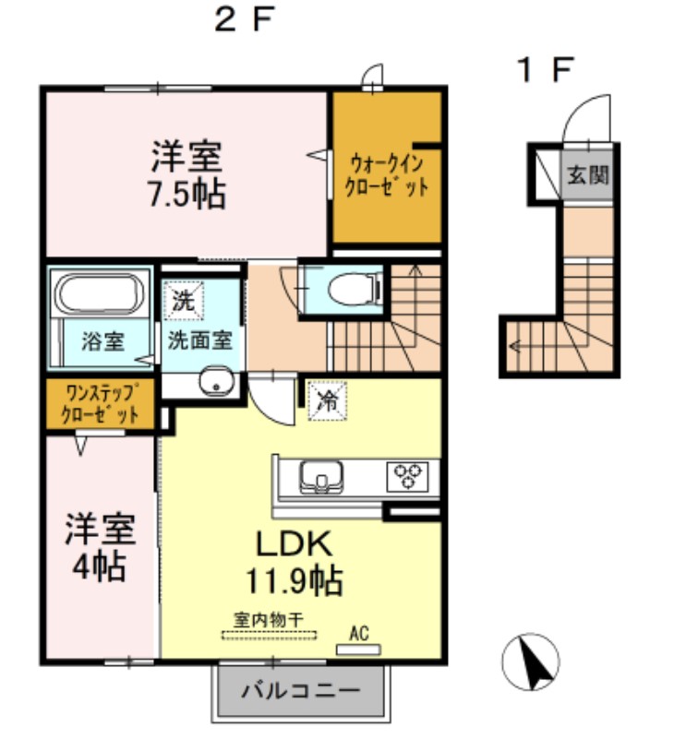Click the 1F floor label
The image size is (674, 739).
[x=546, y=69]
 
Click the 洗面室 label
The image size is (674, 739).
[x=199, y=340]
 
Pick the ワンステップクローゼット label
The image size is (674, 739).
[x=101, y=403]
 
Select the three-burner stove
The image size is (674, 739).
[x=407, y=477]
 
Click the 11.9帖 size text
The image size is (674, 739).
[x=294, y=581]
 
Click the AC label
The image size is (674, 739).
[x=359, y=634]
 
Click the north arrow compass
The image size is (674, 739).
[x=531, y=660]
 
